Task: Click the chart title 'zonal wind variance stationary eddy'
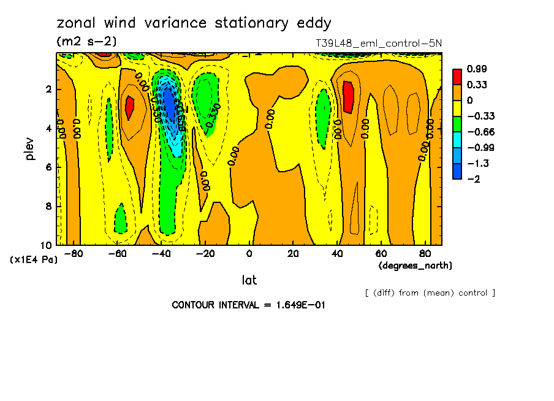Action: coord(194,24)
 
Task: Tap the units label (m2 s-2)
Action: coord(86,42)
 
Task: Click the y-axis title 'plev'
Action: coord(30,148)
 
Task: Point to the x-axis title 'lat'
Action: coord(249,280)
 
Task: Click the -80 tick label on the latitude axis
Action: coord(74,254)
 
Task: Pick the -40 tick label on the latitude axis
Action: coord(161,254)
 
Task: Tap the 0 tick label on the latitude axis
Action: coord(249,254)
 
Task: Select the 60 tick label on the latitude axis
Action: coord(381,254)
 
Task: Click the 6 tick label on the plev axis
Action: coord(49,167)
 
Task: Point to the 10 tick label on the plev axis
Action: coord(47,245)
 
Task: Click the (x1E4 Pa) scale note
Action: coord(34,260)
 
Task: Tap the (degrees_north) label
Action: coord(415,265)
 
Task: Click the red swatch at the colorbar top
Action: coord(457,77)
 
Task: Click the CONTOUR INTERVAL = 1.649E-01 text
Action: coord(248,305)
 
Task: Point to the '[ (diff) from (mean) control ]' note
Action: coord(430,292)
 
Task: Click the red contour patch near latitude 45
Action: coord(348,96)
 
